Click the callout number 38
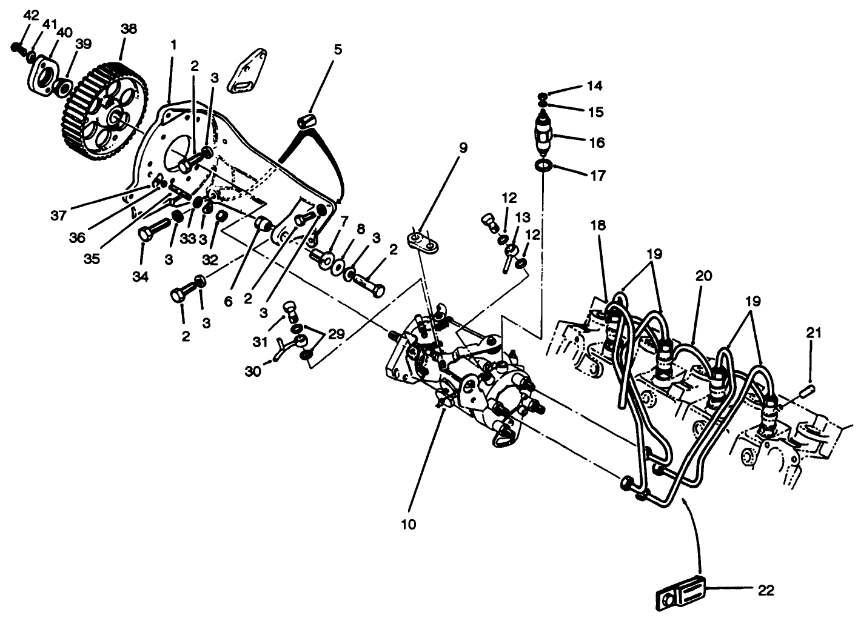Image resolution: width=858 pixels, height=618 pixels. click(x=129, y=28)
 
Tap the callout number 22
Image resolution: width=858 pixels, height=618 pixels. click(x=766, y=590)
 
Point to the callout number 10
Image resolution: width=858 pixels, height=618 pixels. click(x=409, y=524)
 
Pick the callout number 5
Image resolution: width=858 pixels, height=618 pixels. click(x=337, y=49)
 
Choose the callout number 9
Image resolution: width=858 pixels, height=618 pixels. click(x=463, y=147)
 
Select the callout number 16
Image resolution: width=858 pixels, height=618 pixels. click(x=597, y=142)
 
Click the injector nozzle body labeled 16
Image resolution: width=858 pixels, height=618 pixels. click(x=543, y=135)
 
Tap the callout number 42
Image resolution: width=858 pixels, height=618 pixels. click(x=30, y=15)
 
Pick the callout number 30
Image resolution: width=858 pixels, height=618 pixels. click(x=253, y=371)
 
